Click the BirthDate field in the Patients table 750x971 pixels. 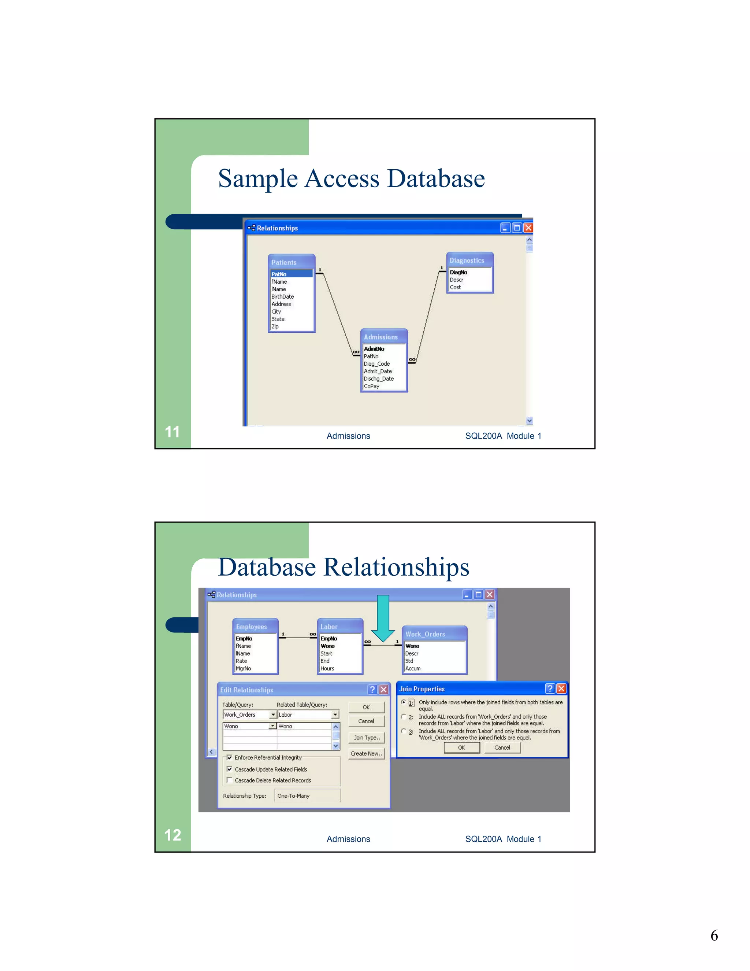pos(283,296)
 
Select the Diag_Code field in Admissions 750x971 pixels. pos(377,364)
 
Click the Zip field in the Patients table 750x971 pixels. pos(275,326)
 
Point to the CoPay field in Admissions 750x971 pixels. pos(371,386)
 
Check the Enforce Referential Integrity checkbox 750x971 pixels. pos(229,757)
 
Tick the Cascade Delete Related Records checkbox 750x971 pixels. pos(229,780)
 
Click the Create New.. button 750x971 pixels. pos(366,753)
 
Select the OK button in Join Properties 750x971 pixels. pos(462,747)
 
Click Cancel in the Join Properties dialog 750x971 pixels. pos(502,747)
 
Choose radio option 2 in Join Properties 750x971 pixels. pos(404,717)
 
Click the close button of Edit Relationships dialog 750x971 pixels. pos(384,690)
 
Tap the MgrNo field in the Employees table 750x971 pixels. pos(244,668)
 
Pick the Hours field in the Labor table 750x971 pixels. pos(327,668)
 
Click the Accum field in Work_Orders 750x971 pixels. pos(413,668)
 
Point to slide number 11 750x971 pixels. pos(172,432)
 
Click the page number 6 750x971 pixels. pos(714,935)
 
